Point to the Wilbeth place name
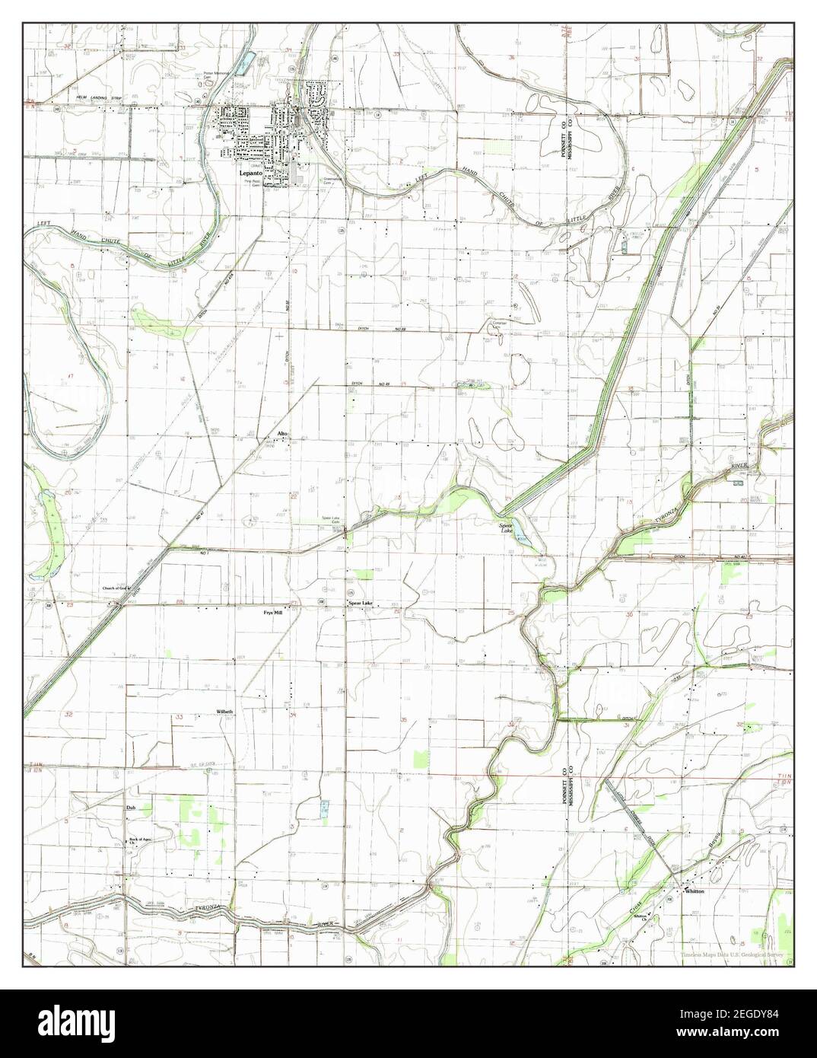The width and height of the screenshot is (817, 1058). tap(224, 711)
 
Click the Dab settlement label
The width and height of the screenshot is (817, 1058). tap(130, 808)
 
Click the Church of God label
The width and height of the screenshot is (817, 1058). tap(118, 589)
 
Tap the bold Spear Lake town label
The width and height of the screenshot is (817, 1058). tap(361, 604)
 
